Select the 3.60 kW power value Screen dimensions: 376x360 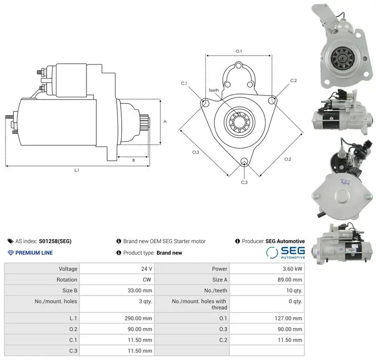click(x=292, y=269)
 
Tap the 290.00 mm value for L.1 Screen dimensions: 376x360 click(x=138, y=318)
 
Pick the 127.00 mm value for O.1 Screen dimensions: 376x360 click(x=288, y=318)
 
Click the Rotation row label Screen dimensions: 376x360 click(x=67, y=280)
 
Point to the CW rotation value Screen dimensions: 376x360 click(x=147, y=280)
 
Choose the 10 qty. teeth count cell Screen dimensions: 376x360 click(x=294, y=290)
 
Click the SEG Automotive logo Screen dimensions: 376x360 click(x=285, y=253)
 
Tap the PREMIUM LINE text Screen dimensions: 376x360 click(x=30, y=253)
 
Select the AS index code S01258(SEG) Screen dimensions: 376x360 click(x=55, y=241)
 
